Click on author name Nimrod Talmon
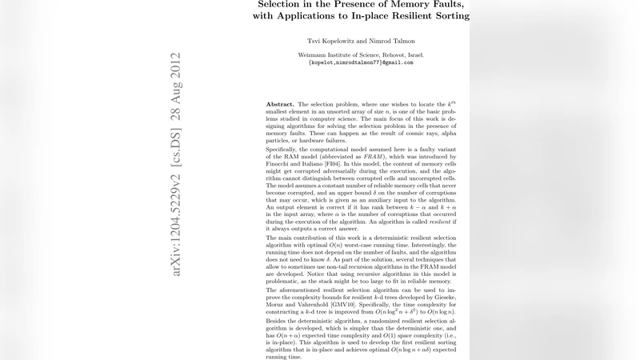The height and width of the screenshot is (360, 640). pyautogui.click(x=393, y=41)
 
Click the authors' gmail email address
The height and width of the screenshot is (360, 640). pyautogui.click(x=361, y=62)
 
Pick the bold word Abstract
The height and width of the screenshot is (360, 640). pyautogui.click(x=280, y=105)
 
